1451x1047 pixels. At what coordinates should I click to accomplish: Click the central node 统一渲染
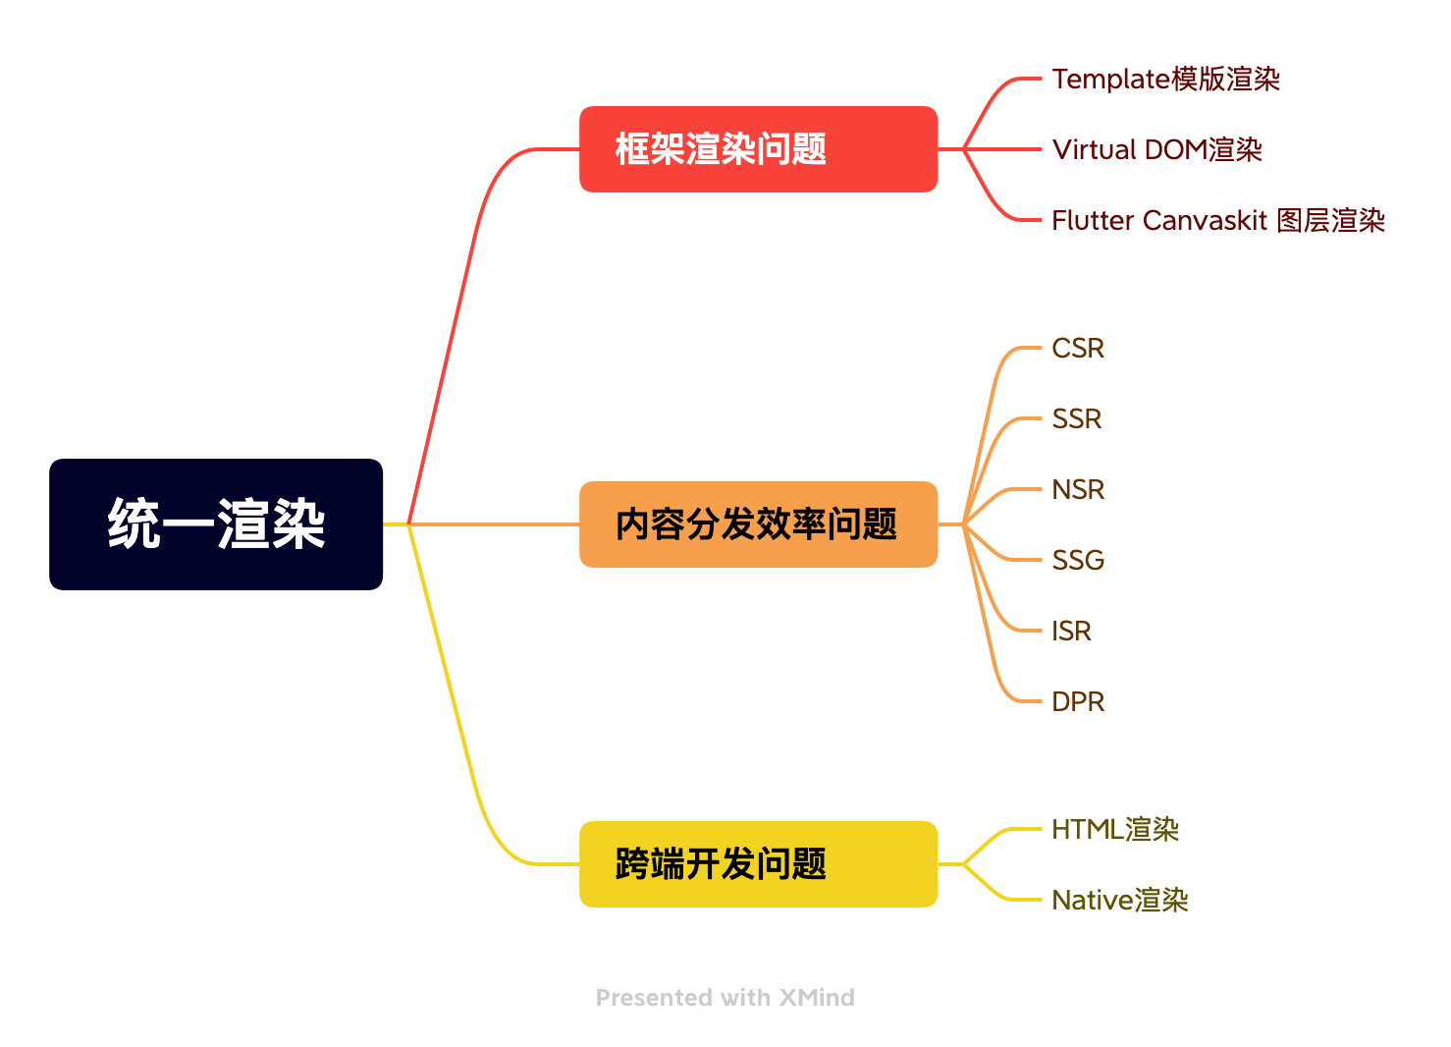(216, 524)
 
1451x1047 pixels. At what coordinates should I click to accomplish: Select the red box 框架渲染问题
(758, 149)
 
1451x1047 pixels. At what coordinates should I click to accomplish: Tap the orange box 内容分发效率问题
(758, 524)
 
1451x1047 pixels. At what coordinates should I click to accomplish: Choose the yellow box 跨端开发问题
(758, 864)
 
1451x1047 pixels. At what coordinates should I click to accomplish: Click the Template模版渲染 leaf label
(1165, 79)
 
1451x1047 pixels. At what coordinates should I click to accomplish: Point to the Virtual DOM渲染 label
(1156, 149)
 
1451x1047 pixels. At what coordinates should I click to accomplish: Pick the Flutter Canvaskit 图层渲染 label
(1217, 220)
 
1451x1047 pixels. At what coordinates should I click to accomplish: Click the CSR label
(1077, 348)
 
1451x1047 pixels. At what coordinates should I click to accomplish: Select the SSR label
(1076, 418)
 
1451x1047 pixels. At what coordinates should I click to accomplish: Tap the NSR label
(1077, 489)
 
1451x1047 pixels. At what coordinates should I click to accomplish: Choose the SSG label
(1077, 560)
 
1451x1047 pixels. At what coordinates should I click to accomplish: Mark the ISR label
(1071, 631)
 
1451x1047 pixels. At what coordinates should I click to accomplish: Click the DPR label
(1077, 701)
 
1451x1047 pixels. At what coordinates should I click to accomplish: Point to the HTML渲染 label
(1114, 829)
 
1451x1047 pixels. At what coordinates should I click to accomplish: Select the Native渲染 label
(1119, 900)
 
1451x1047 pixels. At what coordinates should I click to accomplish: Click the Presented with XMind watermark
(725, 998)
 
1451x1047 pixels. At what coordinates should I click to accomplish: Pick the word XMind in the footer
(817, 998)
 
